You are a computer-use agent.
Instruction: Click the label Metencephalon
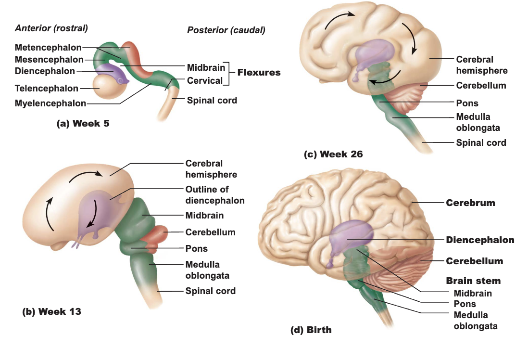48,48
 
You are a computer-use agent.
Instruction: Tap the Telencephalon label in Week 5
47,88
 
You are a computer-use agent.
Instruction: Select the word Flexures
259,73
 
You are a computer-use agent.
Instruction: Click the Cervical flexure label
205,81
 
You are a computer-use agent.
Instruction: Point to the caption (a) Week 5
83,123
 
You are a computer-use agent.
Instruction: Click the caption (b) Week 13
51,311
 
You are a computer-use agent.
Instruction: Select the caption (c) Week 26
333,154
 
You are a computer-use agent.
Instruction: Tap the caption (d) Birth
311,330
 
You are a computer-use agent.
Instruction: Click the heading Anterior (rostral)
51,28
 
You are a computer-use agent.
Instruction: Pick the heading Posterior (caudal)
226,30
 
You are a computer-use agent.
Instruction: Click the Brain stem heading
473,281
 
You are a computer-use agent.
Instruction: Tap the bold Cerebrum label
470,203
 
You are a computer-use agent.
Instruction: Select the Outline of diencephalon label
215,195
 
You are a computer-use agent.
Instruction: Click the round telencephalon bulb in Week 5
109,86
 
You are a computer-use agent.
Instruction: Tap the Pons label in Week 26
467,103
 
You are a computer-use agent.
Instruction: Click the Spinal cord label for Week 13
211,291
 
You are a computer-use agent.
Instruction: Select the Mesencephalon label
49,60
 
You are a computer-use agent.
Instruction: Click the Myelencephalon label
50,103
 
